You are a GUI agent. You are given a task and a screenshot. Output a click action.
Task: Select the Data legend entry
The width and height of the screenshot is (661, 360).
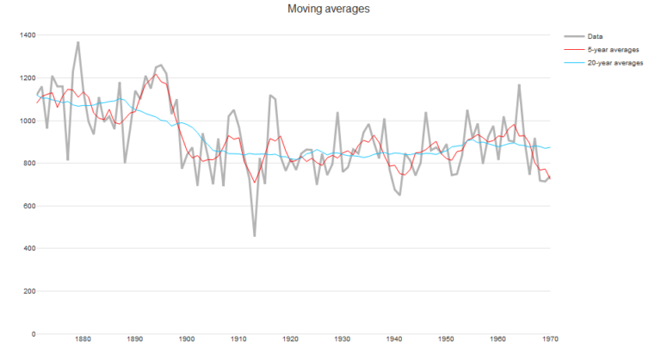click(x=595, y=36)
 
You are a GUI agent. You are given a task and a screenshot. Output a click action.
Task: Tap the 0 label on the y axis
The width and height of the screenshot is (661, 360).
click(x=32, y=334)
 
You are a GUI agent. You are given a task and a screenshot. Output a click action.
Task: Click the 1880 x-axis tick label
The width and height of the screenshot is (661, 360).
click(x=83, y=340)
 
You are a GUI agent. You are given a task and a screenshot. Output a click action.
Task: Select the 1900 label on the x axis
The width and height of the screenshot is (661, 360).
click(x=187, y=340)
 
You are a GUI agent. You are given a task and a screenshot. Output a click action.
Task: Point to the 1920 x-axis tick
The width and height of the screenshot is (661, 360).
click(x=290, y=340)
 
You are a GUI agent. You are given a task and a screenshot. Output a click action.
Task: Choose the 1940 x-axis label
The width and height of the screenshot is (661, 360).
click(x=394, y=340)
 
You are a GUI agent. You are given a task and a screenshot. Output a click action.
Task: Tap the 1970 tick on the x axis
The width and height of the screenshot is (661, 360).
click(x=549, y=340)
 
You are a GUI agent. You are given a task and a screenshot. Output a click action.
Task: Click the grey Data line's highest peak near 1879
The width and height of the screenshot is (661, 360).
click(x=78, y=42)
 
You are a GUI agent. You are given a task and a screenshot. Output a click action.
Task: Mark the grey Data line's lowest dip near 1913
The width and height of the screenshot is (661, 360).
click(x=254, y=235)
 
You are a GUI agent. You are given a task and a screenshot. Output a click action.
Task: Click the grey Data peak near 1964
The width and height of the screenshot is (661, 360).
click(x=519, y=85)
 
